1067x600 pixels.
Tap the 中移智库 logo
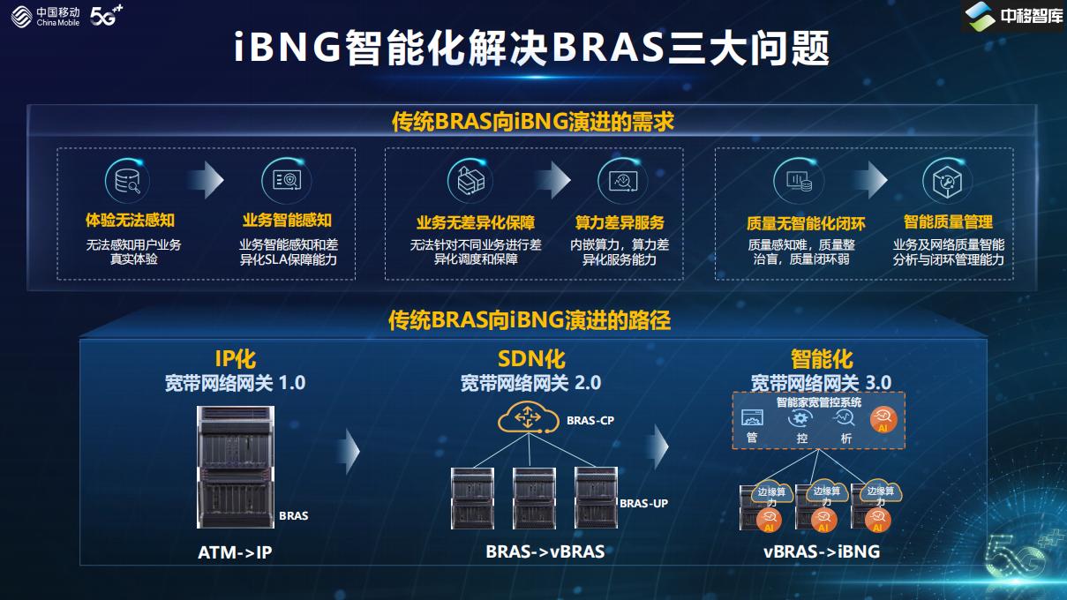1013,17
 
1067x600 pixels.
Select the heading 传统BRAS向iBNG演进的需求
533,122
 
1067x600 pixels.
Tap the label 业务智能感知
287,221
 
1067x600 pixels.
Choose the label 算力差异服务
620,222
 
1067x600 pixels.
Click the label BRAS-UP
643,504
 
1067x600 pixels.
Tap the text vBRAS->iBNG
822,552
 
